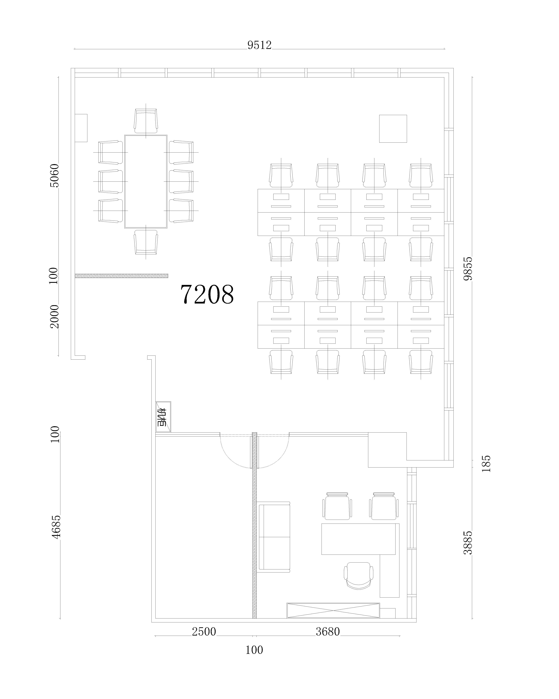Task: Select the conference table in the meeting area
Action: click(x=146, y=182)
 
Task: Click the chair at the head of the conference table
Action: click(x=146, y=121)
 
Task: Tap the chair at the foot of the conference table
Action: click(x=146, y=242)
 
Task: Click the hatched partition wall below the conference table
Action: click(x=122, y=276)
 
